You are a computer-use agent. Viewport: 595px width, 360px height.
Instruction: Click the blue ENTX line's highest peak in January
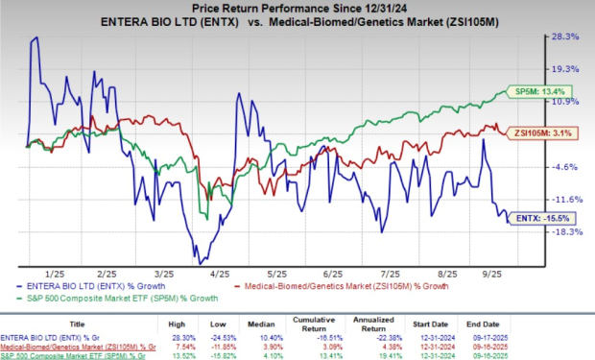point(36,37)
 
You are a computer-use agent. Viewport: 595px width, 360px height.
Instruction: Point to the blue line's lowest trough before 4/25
point(200,262)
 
